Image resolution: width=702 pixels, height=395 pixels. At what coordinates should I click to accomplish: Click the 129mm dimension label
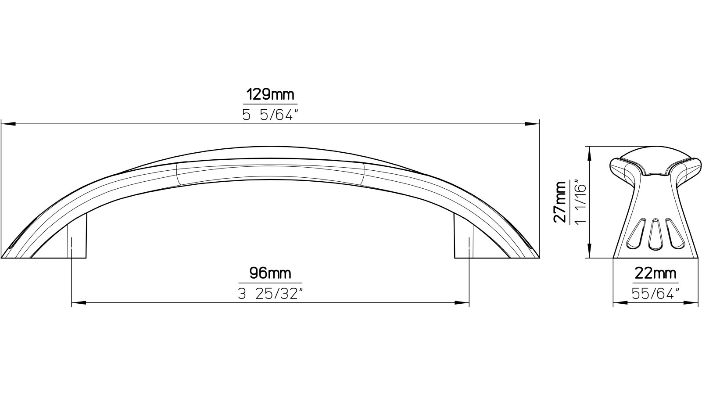[270, 94]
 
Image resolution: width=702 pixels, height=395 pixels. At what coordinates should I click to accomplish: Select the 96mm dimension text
[270, 273]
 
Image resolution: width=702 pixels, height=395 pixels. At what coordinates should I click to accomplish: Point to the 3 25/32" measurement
[270, 294]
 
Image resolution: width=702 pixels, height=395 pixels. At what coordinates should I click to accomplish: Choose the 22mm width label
[655, 274]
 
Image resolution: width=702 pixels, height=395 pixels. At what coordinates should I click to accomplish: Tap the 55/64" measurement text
[655, 294]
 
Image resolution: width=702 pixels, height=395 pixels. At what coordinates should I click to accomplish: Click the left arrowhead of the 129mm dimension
[8, 124]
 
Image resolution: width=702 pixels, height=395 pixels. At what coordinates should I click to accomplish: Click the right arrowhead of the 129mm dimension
[532, 124]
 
